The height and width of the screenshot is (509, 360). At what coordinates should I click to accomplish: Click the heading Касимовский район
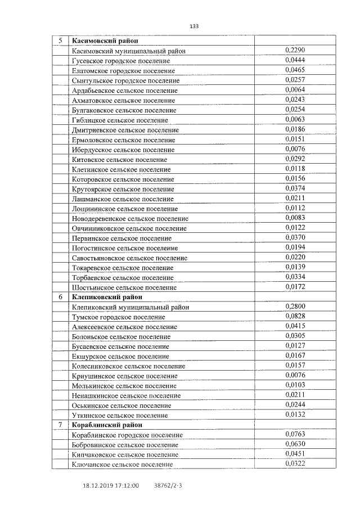pos(105,41)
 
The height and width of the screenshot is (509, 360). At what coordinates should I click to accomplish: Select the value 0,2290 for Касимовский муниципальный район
pos(295,51)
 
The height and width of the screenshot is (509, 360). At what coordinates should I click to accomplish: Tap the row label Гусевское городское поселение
pos(121,61)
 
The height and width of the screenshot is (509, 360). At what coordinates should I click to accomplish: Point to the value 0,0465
pos(295,70)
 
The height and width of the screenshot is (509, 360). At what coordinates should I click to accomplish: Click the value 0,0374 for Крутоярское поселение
pos(295,188)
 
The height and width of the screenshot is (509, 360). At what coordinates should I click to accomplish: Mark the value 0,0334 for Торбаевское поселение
pos(295,277)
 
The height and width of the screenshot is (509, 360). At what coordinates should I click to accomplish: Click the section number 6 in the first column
pos(60,297)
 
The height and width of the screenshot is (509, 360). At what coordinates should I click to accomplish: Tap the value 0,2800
pos(295,307)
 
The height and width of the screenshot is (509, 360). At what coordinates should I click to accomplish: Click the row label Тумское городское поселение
pos(119,317)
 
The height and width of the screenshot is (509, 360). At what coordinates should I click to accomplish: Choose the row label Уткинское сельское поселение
pos(120,415)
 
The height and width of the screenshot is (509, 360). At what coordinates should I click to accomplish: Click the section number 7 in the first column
pos(60,425)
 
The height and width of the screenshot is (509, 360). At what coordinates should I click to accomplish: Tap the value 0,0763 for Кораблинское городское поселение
pos(295,435)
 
